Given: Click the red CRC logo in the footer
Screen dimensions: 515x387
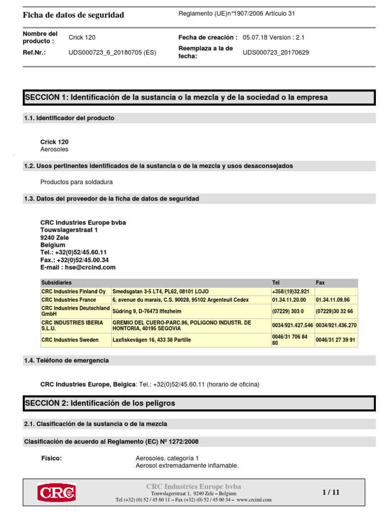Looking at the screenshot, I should click(x=56, y=492).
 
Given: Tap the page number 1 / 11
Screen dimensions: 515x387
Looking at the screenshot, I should click(x=331, y=492).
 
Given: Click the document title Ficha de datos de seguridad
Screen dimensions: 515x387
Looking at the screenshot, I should click(x=74, y=15).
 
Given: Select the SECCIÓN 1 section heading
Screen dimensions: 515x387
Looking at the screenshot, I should click(x=176, y=97).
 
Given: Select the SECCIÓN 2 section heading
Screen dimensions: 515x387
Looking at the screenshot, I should click(x=100, y=403).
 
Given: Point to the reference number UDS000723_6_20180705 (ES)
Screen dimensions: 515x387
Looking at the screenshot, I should click(x=112, y=52).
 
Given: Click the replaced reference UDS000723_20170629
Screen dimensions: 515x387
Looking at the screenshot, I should click(x=276, y=52).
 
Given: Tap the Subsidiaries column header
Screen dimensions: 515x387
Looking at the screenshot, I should click(x=56, y=283).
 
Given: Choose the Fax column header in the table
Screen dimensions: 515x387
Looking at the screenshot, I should click(x=320, y=283).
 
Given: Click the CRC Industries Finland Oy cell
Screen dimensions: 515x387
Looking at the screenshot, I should click(x=74, y=291).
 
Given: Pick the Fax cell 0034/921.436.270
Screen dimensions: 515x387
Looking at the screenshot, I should click(x=336, y=325).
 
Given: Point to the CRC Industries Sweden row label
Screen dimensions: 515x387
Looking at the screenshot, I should click(x=70, y=340).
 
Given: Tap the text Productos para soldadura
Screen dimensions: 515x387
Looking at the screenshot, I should click(x=77, y=182).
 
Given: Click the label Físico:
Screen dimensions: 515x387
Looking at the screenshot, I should click(x=51, y=458).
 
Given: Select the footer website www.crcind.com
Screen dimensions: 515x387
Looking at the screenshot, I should click(x=254, y=500).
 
